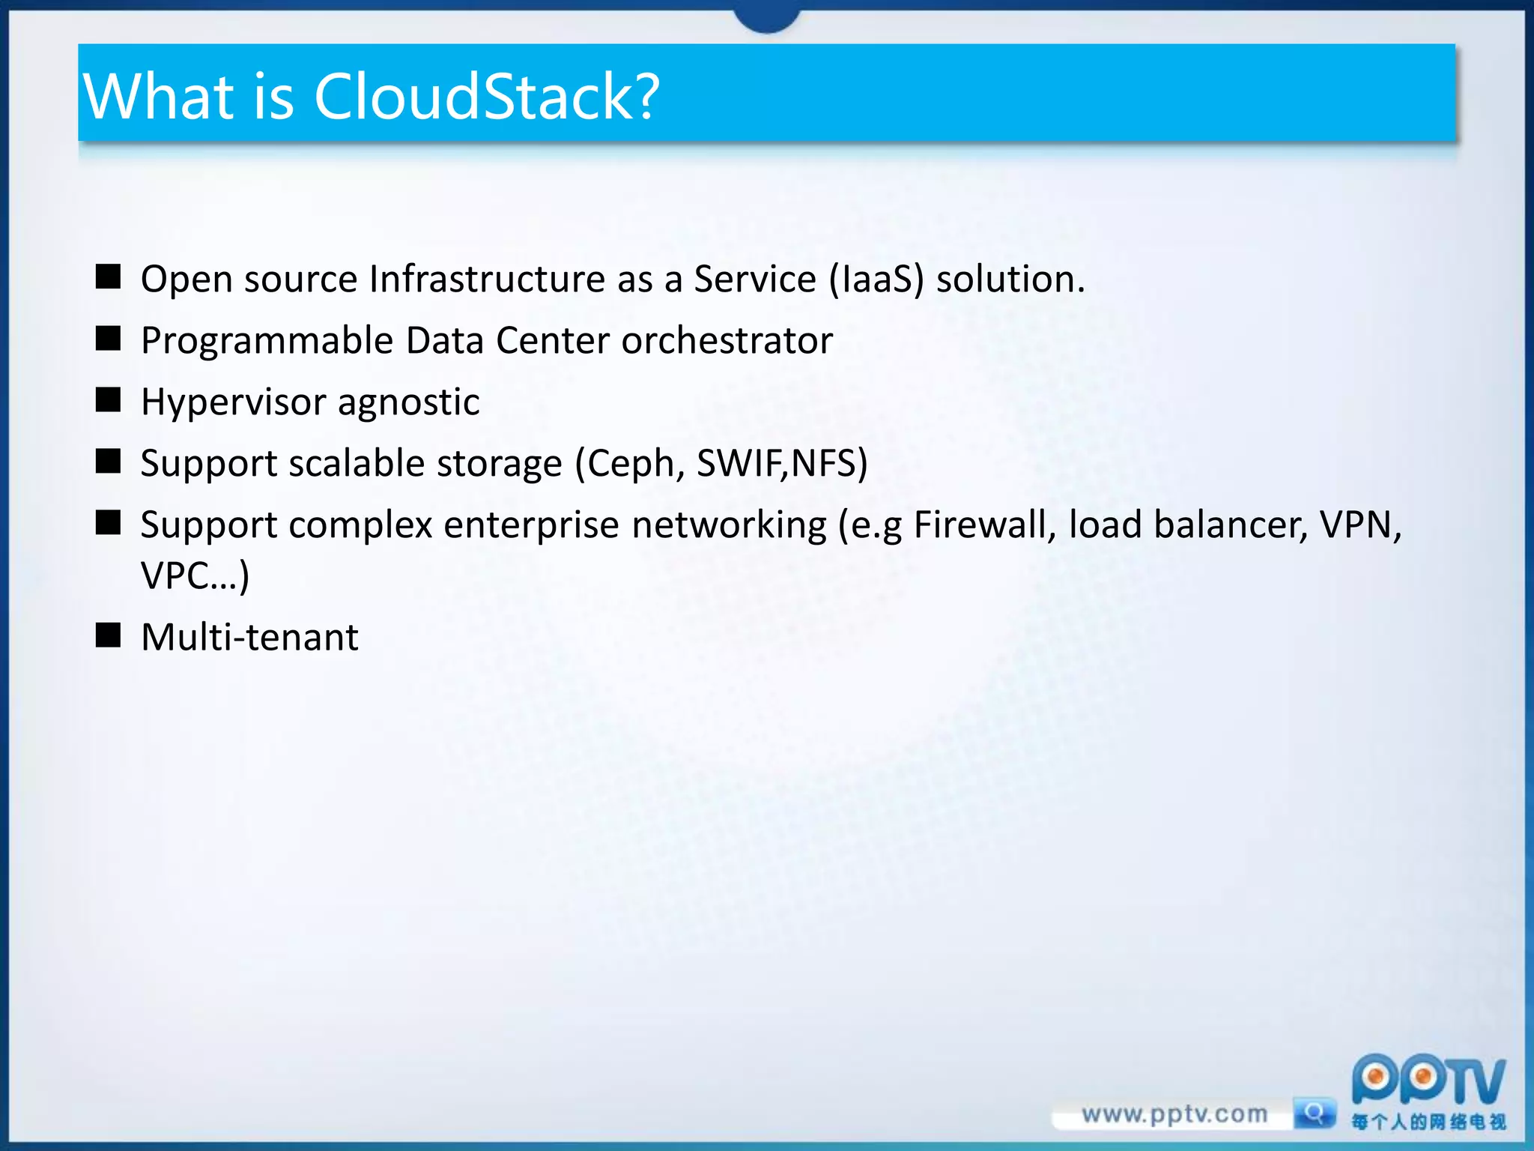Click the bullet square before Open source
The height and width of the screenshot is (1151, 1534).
pyautogui.click(x=109, y=277)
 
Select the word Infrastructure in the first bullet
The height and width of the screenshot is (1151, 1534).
pyautogui.click(x=488, y=279)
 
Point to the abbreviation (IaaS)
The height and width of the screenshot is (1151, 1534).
pyautogui.click(x=876, y=280)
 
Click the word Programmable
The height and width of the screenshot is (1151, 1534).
pyautogui.click(x=267, y=341)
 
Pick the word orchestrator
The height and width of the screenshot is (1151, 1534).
pyautogui.click(x=727, y=341)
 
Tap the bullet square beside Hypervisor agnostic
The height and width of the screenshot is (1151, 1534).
pyautogui.click(x=109, y=400)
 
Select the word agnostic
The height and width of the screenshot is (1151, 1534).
pyautogui.click(x=408, y=402)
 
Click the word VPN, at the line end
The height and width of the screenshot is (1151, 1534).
pyautogui.click(x=1360, y=525)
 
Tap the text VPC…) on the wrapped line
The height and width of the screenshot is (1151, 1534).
pyautogui.click(x=195, y=576)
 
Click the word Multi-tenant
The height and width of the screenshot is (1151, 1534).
pyautogui.click(x=249, y=638)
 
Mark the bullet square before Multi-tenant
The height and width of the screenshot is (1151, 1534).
pyautogui.click(x=109, y=635)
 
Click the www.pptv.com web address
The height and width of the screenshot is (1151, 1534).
pyautogui.click(x=1174, y=1114)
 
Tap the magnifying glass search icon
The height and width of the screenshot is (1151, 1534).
pyautogui.click(x=1314, y=1112)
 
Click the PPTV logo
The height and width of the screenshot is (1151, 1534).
pyautogui.click(x=1428, y=1083)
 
